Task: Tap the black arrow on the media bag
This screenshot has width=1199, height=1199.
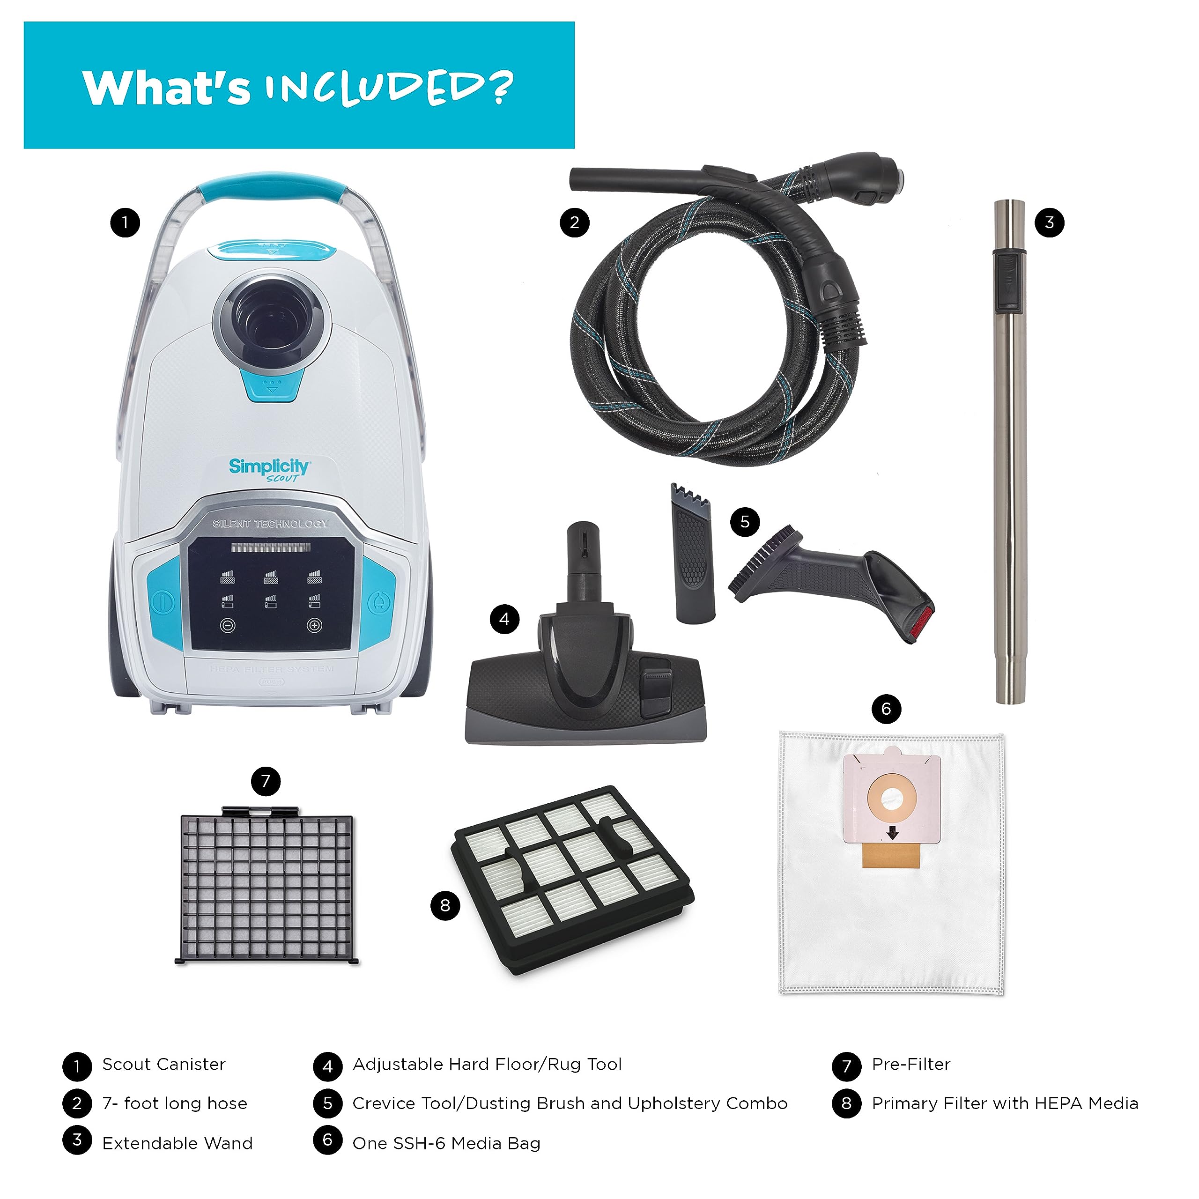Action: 892,832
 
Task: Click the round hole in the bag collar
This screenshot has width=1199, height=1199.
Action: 892,799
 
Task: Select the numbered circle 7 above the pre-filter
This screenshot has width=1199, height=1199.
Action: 266,781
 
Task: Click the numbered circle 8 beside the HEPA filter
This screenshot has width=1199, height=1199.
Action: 445,905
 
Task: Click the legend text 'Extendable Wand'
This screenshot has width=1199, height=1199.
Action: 178,1144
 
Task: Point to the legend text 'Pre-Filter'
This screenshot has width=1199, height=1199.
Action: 911,1064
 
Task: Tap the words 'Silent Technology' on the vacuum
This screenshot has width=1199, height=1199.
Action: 270,523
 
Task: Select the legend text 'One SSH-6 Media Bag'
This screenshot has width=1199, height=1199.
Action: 446,1144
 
